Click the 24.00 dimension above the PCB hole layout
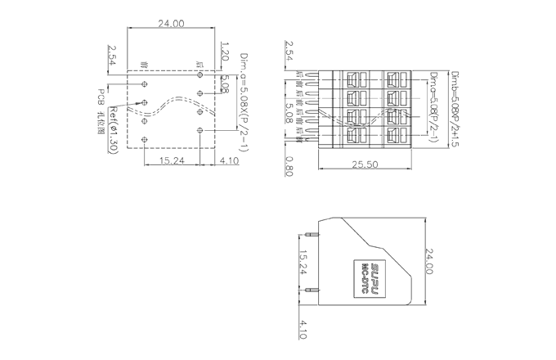coord(171,24)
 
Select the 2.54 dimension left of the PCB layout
coord(112,56)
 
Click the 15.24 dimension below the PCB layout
coord(171,160)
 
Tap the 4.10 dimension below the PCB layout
coord(229,160)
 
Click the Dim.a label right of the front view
coord(433,106)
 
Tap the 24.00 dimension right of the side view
coord(430,263)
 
